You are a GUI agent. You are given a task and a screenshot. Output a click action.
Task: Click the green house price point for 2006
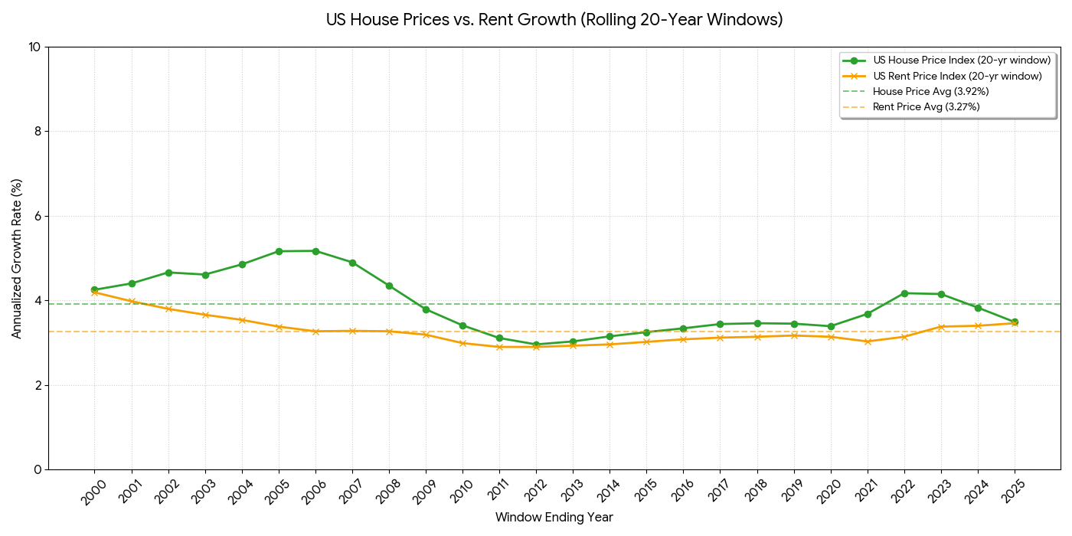(x=315, y=251)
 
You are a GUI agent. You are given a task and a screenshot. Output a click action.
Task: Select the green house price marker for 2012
(x=536, y=345)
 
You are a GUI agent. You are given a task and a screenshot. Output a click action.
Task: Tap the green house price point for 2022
(x=904, y=293)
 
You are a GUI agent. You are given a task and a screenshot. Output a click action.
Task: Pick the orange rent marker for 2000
(x=94, y=292)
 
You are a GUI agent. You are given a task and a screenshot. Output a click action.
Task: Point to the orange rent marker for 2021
(x=868, y=342)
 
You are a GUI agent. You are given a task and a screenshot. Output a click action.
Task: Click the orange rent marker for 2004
(x=242, y=320)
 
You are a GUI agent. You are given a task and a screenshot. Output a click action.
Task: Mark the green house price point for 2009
(x=426, y=309)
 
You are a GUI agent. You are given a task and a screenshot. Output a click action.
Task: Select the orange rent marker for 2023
(x=941, y=327)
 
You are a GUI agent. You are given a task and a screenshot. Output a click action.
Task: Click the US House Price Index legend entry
(x=961, y=60)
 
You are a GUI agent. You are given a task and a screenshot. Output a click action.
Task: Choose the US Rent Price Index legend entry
(x=957, y=76)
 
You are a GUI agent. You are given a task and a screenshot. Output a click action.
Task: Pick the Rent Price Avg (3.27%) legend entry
(x=926, y=106)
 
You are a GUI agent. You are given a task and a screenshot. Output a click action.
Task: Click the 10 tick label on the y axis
(x=34, y=47)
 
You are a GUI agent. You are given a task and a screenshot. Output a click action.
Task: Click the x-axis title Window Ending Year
(x=554, y=518)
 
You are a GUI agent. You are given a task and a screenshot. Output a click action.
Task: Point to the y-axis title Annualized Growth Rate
(x=17, y=258)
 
